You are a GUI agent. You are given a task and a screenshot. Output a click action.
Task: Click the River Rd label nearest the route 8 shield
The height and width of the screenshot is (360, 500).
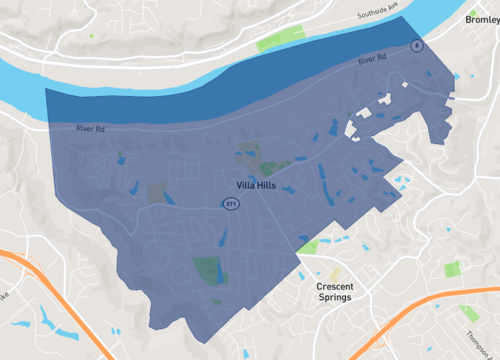(x=372, y=62)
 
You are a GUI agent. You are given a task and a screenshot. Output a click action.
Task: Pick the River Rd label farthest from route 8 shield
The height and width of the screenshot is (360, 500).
(x=89, y=128)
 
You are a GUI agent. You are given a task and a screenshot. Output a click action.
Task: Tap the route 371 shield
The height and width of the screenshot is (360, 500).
(x=231, y=204)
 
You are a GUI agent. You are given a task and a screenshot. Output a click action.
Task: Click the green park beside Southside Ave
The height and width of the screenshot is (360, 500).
(x=272, y=42)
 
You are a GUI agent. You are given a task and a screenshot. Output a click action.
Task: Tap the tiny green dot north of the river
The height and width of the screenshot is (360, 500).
(x=91, y=36)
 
